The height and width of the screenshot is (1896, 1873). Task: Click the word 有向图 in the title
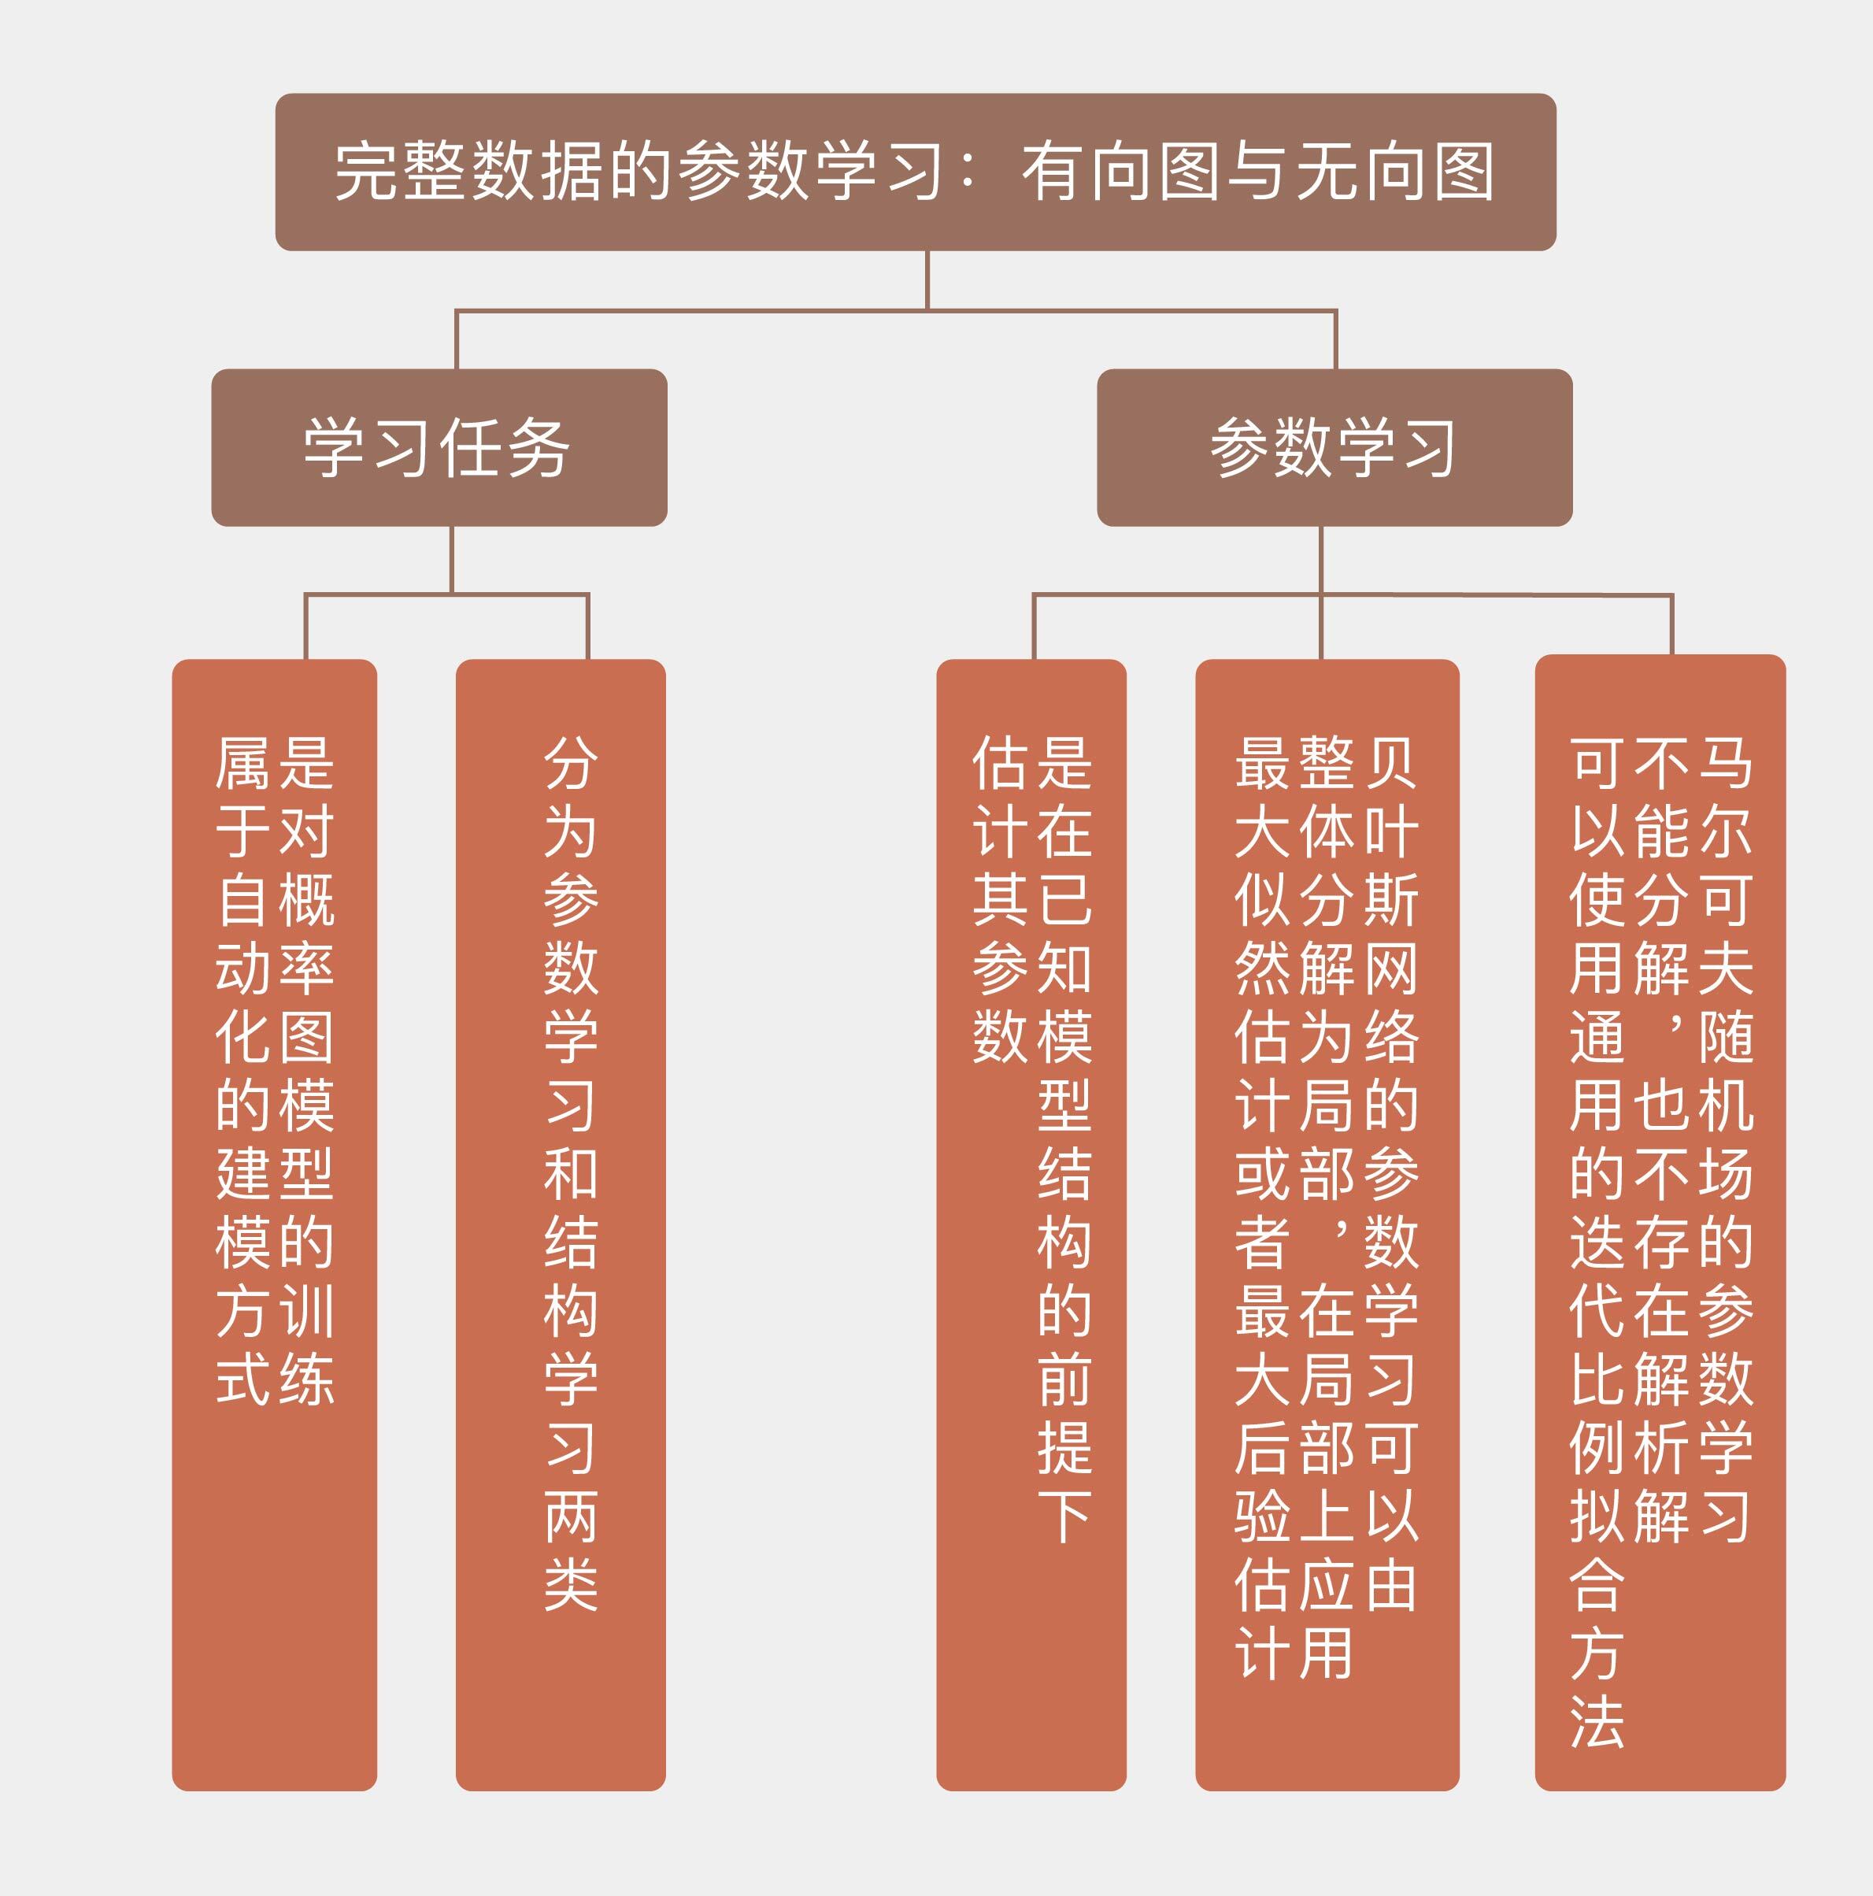point(1121,172)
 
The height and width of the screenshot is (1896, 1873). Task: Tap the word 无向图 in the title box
point(1396,172)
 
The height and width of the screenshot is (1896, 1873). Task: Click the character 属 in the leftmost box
point(242,764)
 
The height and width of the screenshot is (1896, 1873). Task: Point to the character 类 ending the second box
point(571,1586)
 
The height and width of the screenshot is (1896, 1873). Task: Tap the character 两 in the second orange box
point(571,1517)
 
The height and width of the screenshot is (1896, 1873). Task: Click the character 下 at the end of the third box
point(1064,1517)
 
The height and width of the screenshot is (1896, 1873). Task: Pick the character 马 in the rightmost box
point(1726,764)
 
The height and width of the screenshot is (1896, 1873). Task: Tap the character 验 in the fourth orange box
point(1263,1517)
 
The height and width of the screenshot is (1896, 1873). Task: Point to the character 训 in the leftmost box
point(307,1312)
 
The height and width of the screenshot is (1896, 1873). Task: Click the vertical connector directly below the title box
point(927,280)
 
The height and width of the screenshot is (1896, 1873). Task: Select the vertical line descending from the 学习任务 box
point(451,559)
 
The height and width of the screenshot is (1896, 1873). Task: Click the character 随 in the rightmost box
point(1726,1037)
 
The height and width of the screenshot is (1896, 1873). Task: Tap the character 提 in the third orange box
point(1064,1449)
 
